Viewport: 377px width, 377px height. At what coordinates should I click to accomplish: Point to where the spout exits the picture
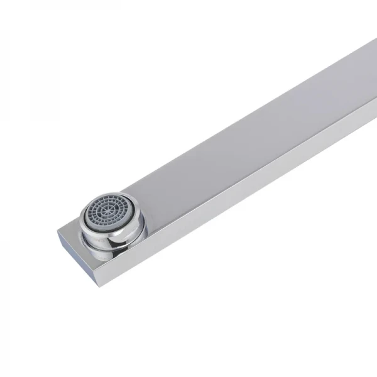(x=371, y=75)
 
